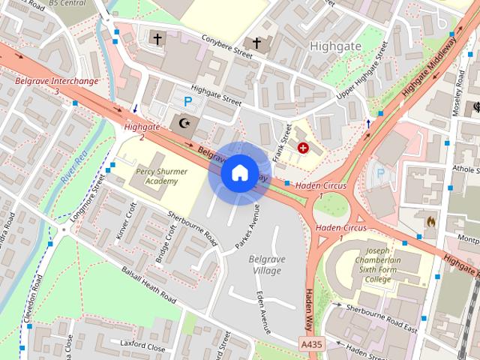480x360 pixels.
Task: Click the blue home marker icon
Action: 238,173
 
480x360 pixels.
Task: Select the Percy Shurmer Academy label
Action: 157,176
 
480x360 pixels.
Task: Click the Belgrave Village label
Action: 265,264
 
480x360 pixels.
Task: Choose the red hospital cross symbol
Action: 303,148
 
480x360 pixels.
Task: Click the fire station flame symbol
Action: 430,222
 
